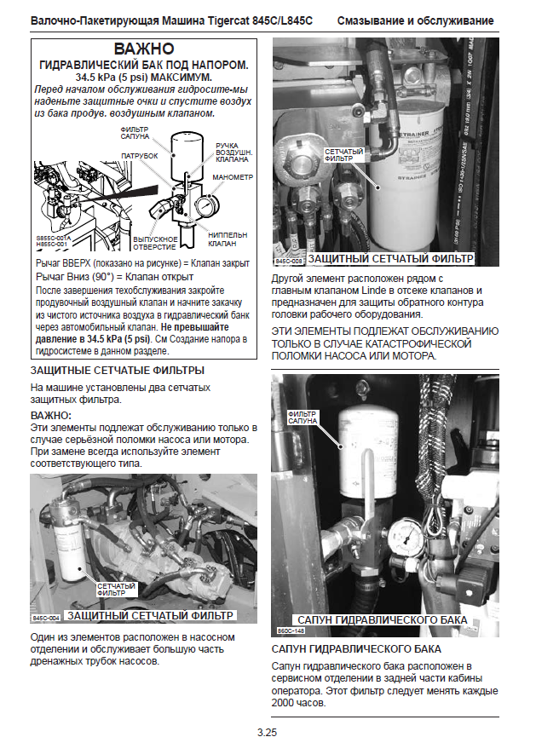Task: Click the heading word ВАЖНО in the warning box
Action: pos(143,49)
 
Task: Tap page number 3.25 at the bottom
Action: pos(268,730)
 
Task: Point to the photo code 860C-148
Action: pos(289,630)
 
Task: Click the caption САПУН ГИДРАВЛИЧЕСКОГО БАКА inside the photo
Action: pos(381,619)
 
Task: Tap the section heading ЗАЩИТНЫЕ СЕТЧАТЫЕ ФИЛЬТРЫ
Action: pos(117,371)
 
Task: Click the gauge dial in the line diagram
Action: pos(205,205)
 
